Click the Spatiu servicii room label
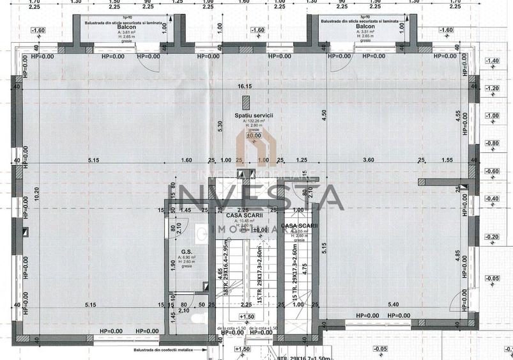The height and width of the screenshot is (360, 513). (x=254, y=115)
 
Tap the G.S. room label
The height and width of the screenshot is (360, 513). (x=187, y=251)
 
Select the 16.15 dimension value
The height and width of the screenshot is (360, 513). (x=245, y=86)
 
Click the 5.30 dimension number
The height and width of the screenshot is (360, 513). (x=220, y=127)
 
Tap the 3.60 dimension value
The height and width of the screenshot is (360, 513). (x=367, y=160)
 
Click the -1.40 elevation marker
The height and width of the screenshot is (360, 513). (x=492, y=61)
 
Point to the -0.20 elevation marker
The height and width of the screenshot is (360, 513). (x=492, y=237)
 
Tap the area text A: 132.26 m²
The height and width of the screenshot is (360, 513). (x=254, y=121)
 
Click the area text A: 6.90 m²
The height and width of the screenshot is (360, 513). (x=187, y=257)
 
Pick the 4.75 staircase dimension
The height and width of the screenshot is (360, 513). (x=305, y=269)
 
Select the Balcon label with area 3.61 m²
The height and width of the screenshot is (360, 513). (x=126, y=27)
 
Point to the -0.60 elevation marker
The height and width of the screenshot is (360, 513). (x=492, y=171)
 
